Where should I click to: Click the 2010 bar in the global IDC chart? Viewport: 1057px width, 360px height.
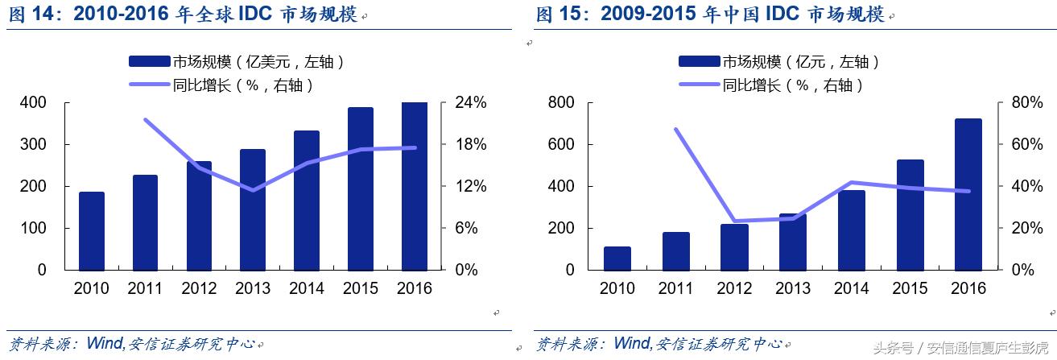click(92, 230)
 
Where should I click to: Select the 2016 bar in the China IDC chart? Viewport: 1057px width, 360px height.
click(968, 193)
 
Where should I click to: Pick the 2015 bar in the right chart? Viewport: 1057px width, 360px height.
click(910, 214)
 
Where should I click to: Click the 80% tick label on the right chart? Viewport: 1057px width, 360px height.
click(1017, 103)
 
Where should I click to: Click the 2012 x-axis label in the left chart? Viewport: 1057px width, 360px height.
click(199, 288)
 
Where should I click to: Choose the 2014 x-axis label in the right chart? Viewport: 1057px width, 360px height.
click(851, 288)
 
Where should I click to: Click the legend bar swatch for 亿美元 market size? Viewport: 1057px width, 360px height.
click(149, 62)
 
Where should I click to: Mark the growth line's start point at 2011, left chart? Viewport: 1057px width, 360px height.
click(145, 120)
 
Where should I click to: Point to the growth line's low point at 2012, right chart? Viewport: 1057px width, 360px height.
click(734, 221)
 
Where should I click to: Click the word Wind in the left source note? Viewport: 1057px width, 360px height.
click(102, 344)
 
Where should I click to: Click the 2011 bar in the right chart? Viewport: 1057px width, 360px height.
click(675, 250)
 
